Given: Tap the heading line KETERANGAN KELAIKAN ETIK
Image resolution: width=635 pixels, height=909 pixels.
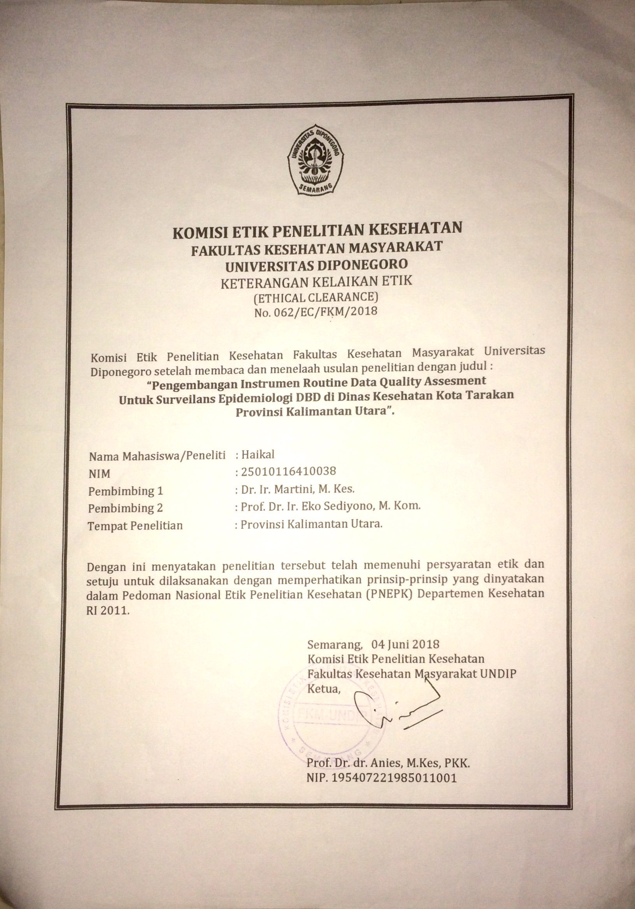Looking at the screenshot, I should click(316, 282).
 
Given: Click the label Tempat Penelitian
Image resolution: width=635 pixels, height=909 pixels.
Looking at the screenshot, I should click(135, 525).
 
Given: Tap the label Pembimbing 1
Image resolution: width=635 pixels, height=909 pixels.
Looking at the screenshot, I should click(126, 491).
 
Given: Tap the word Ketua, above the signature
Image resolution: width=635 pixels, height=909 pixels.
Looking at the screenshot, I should click(324, 689).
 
